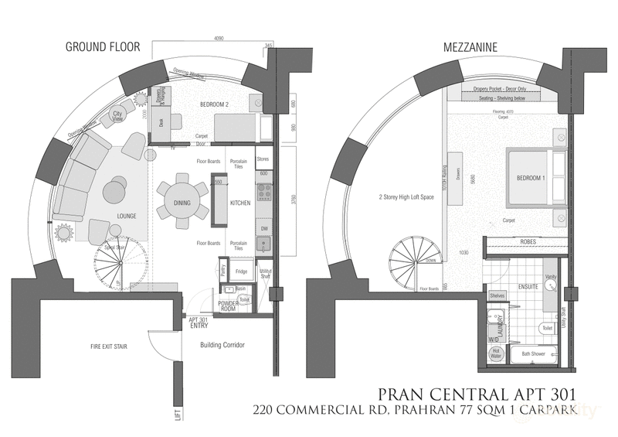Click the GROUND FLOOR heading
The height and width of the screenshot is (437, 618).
coord(103,47)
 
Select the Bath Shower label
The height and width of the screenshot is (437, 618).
coord(533,354)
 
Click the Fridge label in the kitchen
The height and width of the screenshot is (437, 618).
coord(241,271)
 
